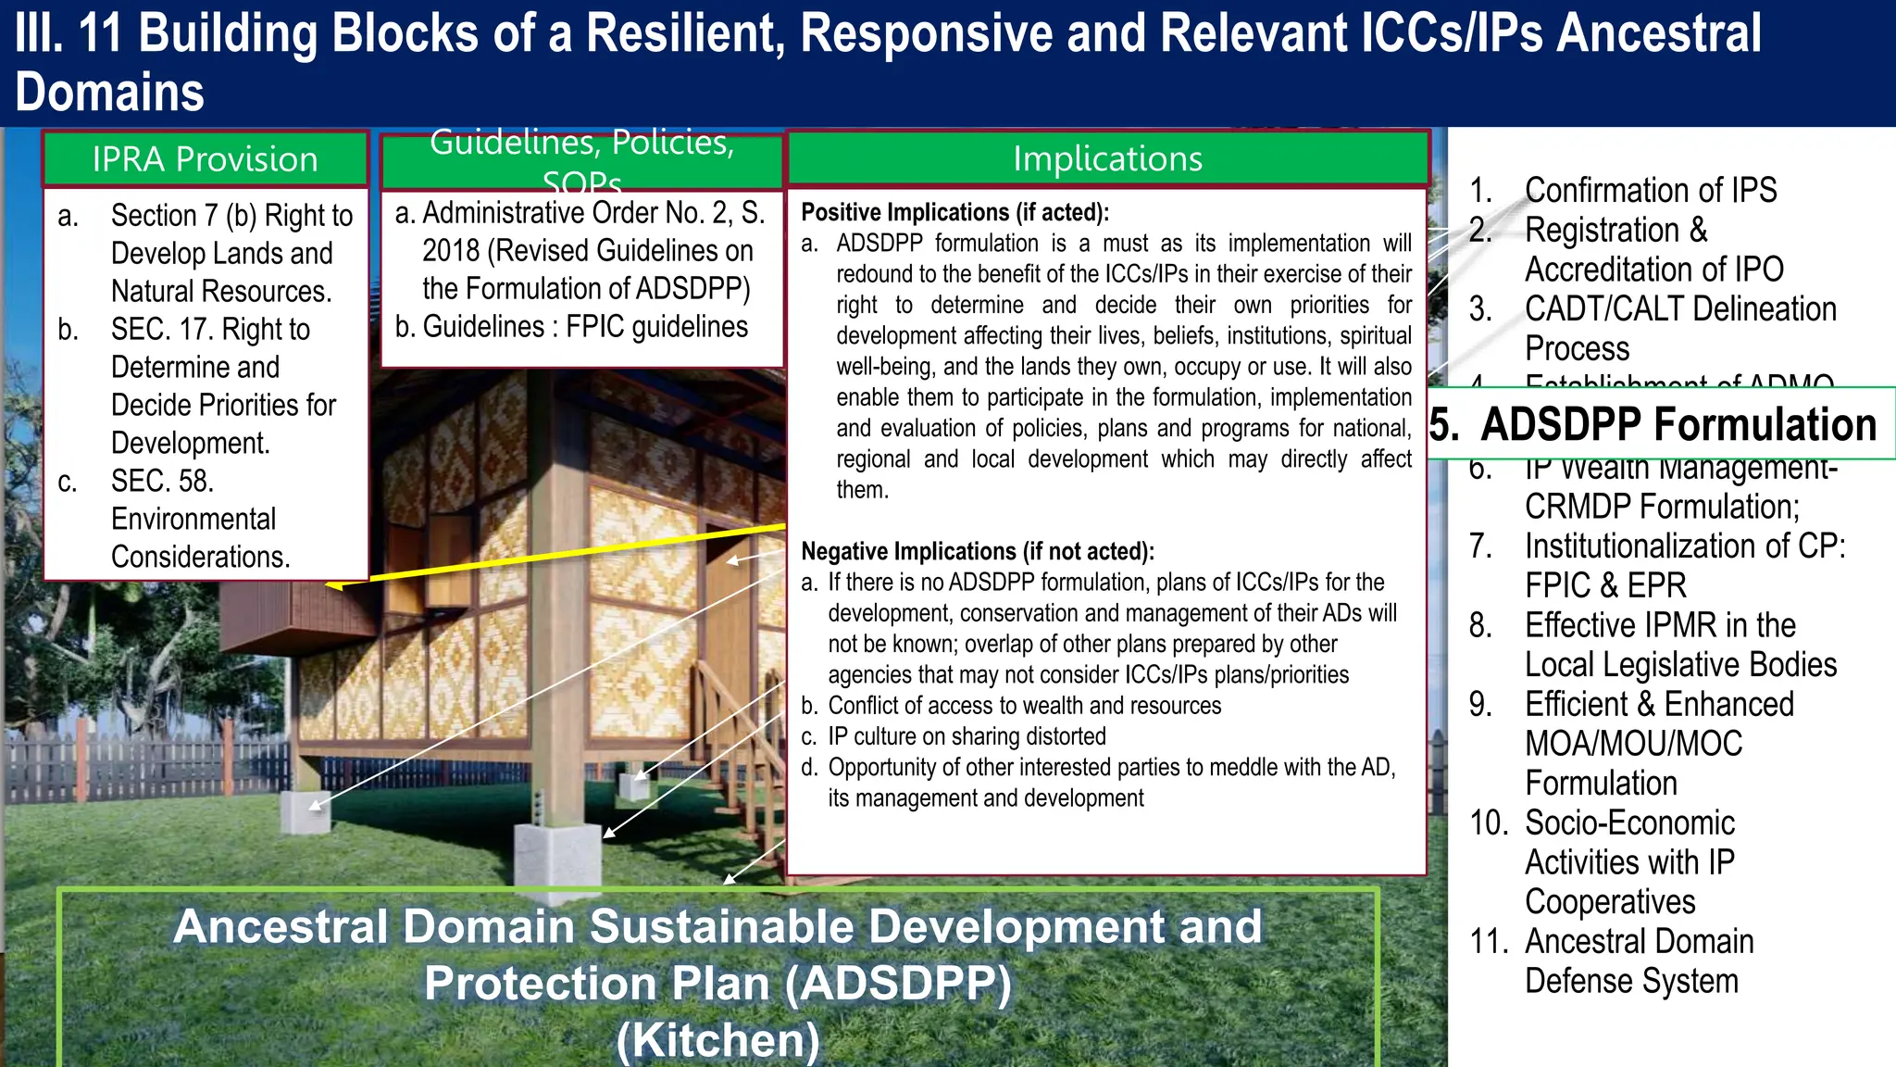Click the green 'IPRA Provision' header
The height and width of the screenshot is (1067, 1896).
coord(206,159)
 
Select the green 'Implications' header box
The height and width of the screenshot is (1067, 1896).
coord(1107,158)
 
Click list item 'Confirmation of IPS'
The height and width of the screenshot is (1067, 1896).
coord(1650,190)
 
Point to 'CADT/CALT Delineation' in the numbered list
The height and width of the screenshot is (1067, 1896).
coord(1679,308)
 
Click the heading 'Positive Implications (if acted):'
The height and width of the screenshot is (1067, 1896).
coord(954,212)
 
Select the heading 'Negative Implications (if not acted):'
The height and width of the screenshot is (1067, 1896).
coord(977,551)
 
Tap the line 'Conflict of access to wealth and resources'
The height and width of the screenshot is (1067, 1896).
coord(1024,706)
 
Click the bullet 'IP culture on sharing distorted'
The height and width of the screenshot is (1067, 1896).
coord(967,736)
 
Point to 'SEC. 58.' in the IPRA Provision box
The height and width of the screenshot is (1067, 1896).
coord(162,481)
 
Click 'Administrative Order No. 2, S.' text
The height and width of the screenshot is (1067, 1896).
coord(592,213)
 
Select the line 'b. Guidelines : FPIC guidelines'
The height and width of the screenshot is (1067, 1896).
coord(571,327)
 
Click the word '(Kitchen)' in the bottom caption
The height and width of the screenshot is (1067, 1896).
coord(718,1039)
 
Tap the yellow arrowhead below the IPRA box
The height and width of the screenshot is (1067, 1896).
coord(335,585)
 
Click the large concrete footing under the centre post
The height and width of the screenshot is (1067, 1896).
coord(558,855)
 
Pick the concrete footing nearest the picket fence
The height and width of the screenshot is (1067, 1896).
coord(306,812)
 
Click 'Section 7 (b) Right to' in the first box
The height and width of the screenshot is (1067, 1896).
coord(231,216)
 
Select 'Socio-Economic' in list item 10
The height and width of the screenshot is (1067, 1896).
coord(1629,822)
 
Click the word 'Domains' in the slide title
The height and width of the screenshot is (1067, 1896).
coord(109,93)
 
